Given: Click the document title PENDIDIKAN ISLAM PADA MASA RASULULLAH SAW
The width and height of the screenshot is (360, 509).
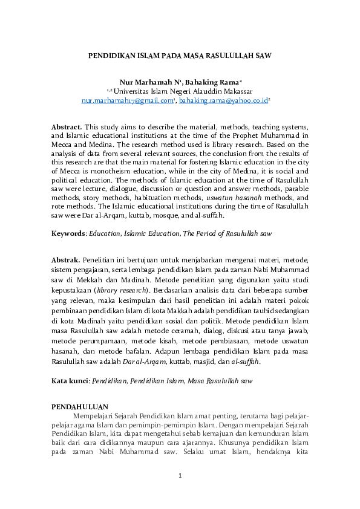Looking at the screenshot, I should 180,55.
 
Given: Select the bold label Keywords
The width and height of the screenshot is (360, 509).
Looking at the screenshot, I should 68,233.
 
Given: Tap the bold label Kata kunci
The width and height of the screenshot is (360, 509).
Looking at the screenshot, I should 70,381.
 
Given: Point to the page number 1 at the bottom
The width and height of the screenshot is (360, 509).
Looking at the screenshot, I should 180,476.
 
